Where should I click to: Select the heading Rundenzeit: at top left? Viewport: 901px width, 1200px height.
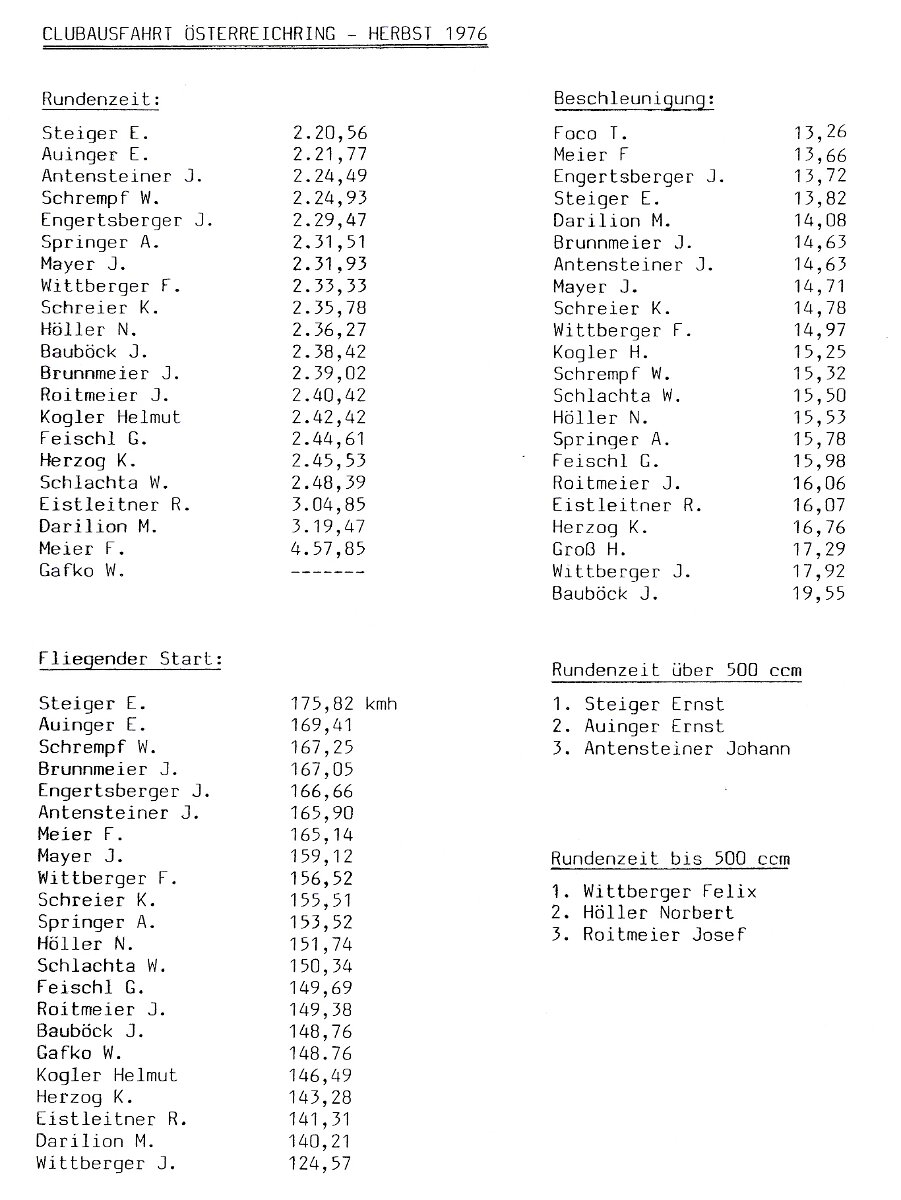click(x=101, y=99)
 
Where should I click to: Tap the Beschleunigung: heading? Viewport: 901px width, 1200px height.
click(x=634, y=99)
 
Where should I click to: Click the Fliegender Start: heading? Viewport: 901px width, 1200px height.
click(x=130, y=659)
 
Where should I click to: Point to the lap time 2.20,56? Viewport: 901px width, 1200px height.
click(x=330, y=133)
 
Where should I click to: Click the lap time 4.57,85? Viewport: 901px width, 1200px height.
click(x=330, y=549)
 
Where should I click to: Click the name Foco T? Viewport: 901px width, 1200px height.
click(x=591, y=133)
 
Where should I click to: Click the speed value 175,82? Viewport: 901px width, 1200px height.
click(x=321, y=704)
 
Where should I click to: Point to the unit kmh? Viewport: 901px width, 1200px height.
click(x=381, y=704)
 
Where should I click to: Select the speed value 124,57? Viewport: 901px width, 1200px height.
click(x=321, y=1163)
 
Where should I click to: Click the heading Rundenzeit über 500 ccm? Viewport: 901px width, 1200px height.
click(x=676, y=670)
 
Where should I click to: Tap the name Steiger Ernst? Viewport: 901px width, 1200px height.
click(x=654, y=704)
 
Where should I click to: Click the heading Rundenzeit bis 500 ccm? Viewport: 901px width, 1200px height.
click(x=670, y=858)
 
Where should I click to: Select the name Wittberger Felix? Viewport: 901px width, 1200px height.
click(x=670, y=891)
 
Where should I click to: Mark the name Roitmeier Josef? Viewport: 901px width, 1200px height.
click(x=664, y=935)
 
